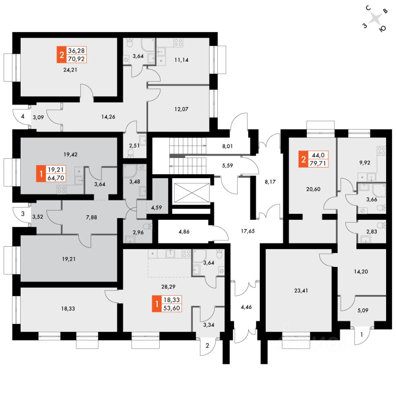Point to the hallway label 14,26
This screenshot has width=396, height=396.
tap(108, 117)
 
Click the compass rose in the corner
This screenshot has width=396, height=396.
tap(375, 19)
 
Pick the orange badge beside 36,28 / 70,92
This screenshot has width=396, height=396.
tap(61, 54)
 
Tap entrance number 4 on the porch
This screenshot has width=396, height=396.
tap(23, 116)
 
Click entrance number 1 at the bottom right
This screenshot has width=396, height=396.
tap(362, 334)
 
